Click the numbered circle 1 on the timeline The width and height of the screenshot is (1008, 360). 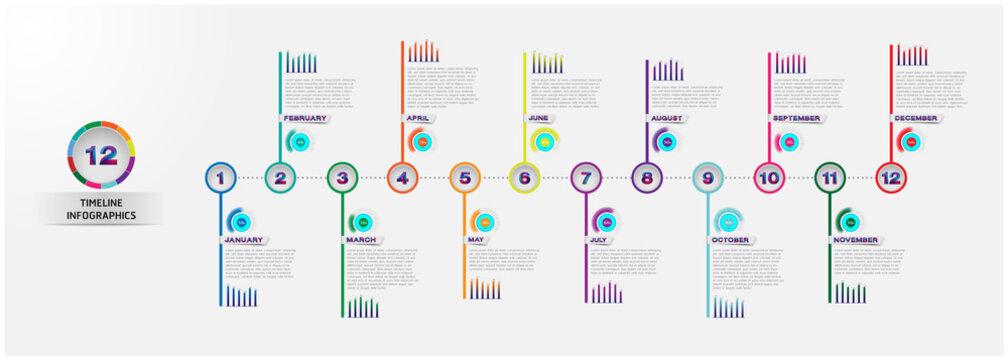(x=220, y=178)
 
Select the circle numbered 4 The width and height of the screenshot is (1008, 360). (x=402, y=178)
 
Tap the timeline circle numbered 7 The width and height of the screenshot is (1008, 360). (x=586, y=178)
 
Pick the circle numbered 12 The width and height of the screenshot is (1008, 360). (x=890, y=178)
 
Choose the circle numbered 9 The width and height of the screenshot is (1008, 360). (x=708, y=178)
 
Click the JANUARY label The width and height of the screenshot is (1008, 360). (x=244, y=240)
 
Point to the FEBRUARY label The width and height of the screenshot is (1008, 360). (x=305, y=118)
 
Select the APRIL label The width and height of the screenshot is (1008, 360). (x=418, y=118)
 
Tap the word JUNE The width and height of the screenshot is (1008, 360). (x=538, y=118)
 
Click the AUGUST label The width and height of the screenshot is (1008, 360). (x=667, y=118)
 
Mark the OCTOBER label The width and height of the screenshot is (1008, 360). (x=730, y=240)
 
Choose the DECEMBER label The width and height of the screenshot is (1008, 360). (x=916, y=118)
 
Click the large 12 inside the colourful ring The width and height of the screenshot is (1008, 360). (x=101, y=155)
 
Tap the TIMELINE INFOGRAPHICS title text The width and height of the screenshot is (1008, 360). (x=101, y=208)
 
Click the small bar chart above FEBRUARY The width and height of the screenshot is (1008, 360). (x=301, y=63)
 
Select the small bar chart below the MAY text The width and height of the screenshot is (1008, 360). (x=485, y=289)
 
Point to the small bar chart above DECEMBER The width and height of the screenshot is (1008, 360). (x=912, y=55)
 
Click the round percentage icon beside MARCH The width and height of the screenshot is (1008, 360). (x=362, y=222)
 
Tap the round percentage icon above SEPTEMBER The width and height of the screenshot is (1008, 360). (x=790, y=143)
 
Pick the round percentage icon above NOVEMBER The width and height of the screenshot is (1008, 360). (x=850, y=222)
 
